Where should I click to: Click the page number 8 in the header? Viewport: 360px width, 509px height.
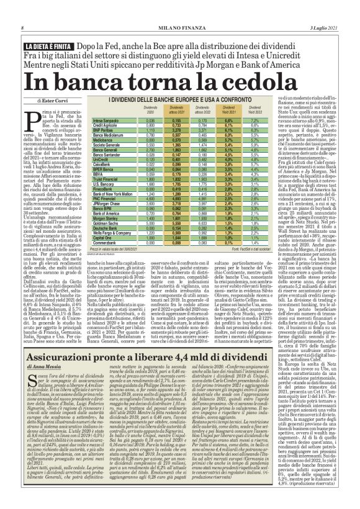pyautogui.click(x=22, y=9)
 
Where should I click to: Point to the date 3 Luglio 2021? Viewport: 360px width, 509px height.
pyautogui.click(x=324, y=9)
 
